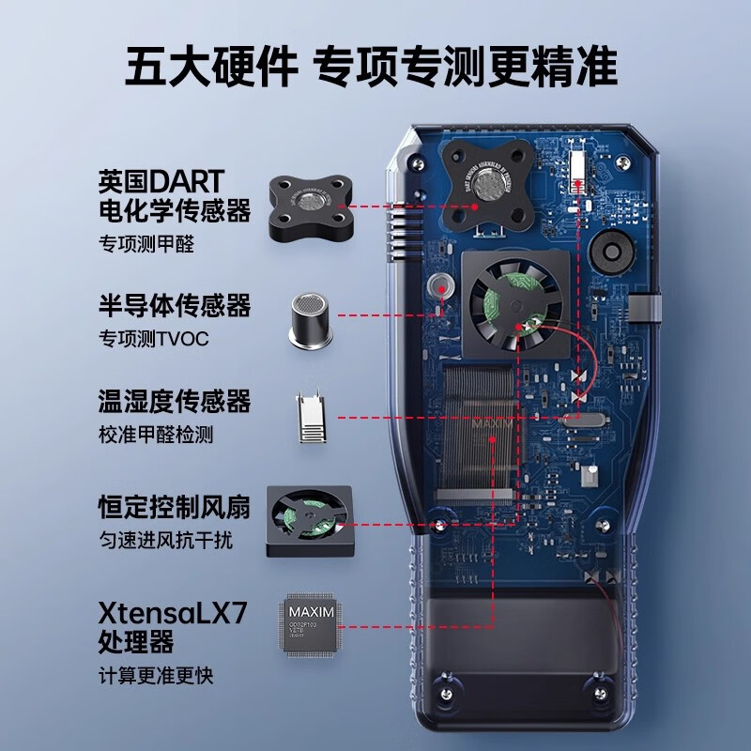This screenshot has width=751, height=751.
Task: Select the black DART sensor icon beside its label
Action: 309,202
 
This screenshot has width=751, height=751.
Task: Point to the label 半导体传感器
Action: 175,306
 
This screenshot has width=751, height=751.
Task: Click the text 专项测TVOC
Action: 154,338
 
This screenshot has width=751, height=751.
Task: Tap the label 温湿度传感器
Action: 175,403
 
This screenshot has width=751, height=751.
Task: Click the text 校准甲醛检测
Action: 157,436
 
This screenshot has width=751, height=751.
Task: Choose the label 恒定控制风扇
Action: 175,508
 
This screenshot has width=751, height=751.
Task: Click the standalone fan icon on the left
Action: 309,521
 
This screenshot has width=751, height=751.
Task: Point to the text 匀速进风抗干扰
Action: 165,541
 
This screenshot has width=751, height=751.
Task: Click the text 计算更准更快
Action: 156,675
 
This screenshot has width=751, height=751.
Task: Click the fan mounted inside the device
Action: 512,302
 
